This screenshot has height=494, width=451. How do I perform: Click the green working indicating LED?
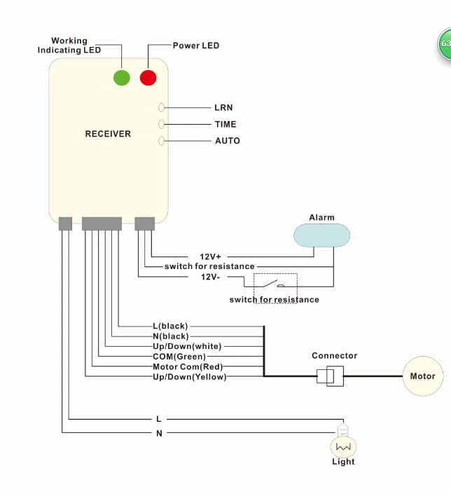pos(122,78)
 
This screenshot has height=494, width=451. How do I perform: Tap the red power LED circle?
pos(148,78)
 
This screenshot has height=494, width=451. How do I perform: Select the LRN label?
pos(223,108)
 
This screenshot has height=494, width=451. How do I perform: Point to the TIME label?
pos(225,125)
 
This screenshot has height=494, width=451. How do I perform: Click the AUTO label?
pos(228,141)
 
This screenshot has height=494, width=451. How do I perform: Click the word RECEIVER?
pos(108,134)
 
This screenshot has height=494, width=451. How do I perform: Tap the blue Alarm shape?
pos(321,235)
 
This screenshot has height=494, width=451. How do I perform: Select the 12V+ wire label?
pos(210,256)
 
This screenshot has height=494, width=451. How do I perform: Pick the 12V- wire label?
pos(210,277)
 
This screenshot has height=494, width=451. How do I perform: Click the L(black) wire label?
pos(170,326)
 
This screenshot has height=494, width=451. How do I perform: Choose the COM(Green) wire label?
pos(179,357)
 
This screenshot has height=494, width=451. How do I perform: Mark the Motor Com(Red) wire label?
pos(188,366)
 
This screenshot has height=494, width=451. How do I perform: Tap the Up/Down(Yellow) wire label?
pos(190,377)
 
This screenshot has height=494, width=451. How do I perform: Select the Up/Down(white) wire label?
pos(187,347)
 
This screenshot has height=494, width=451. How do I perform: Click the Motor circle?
pos(423,376)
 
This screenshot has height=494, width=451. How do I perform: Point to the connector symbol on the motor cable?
pos(330,376)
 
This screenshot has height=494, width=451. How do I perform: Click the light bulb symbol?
pos(343,442)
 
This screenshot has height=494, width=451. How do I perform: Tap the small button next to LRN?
pos(161,108)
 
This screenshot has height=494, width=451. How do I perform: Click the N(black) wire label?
pos(171,336)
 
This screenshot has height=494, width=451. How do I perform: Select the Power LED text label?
pos(196,46)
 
